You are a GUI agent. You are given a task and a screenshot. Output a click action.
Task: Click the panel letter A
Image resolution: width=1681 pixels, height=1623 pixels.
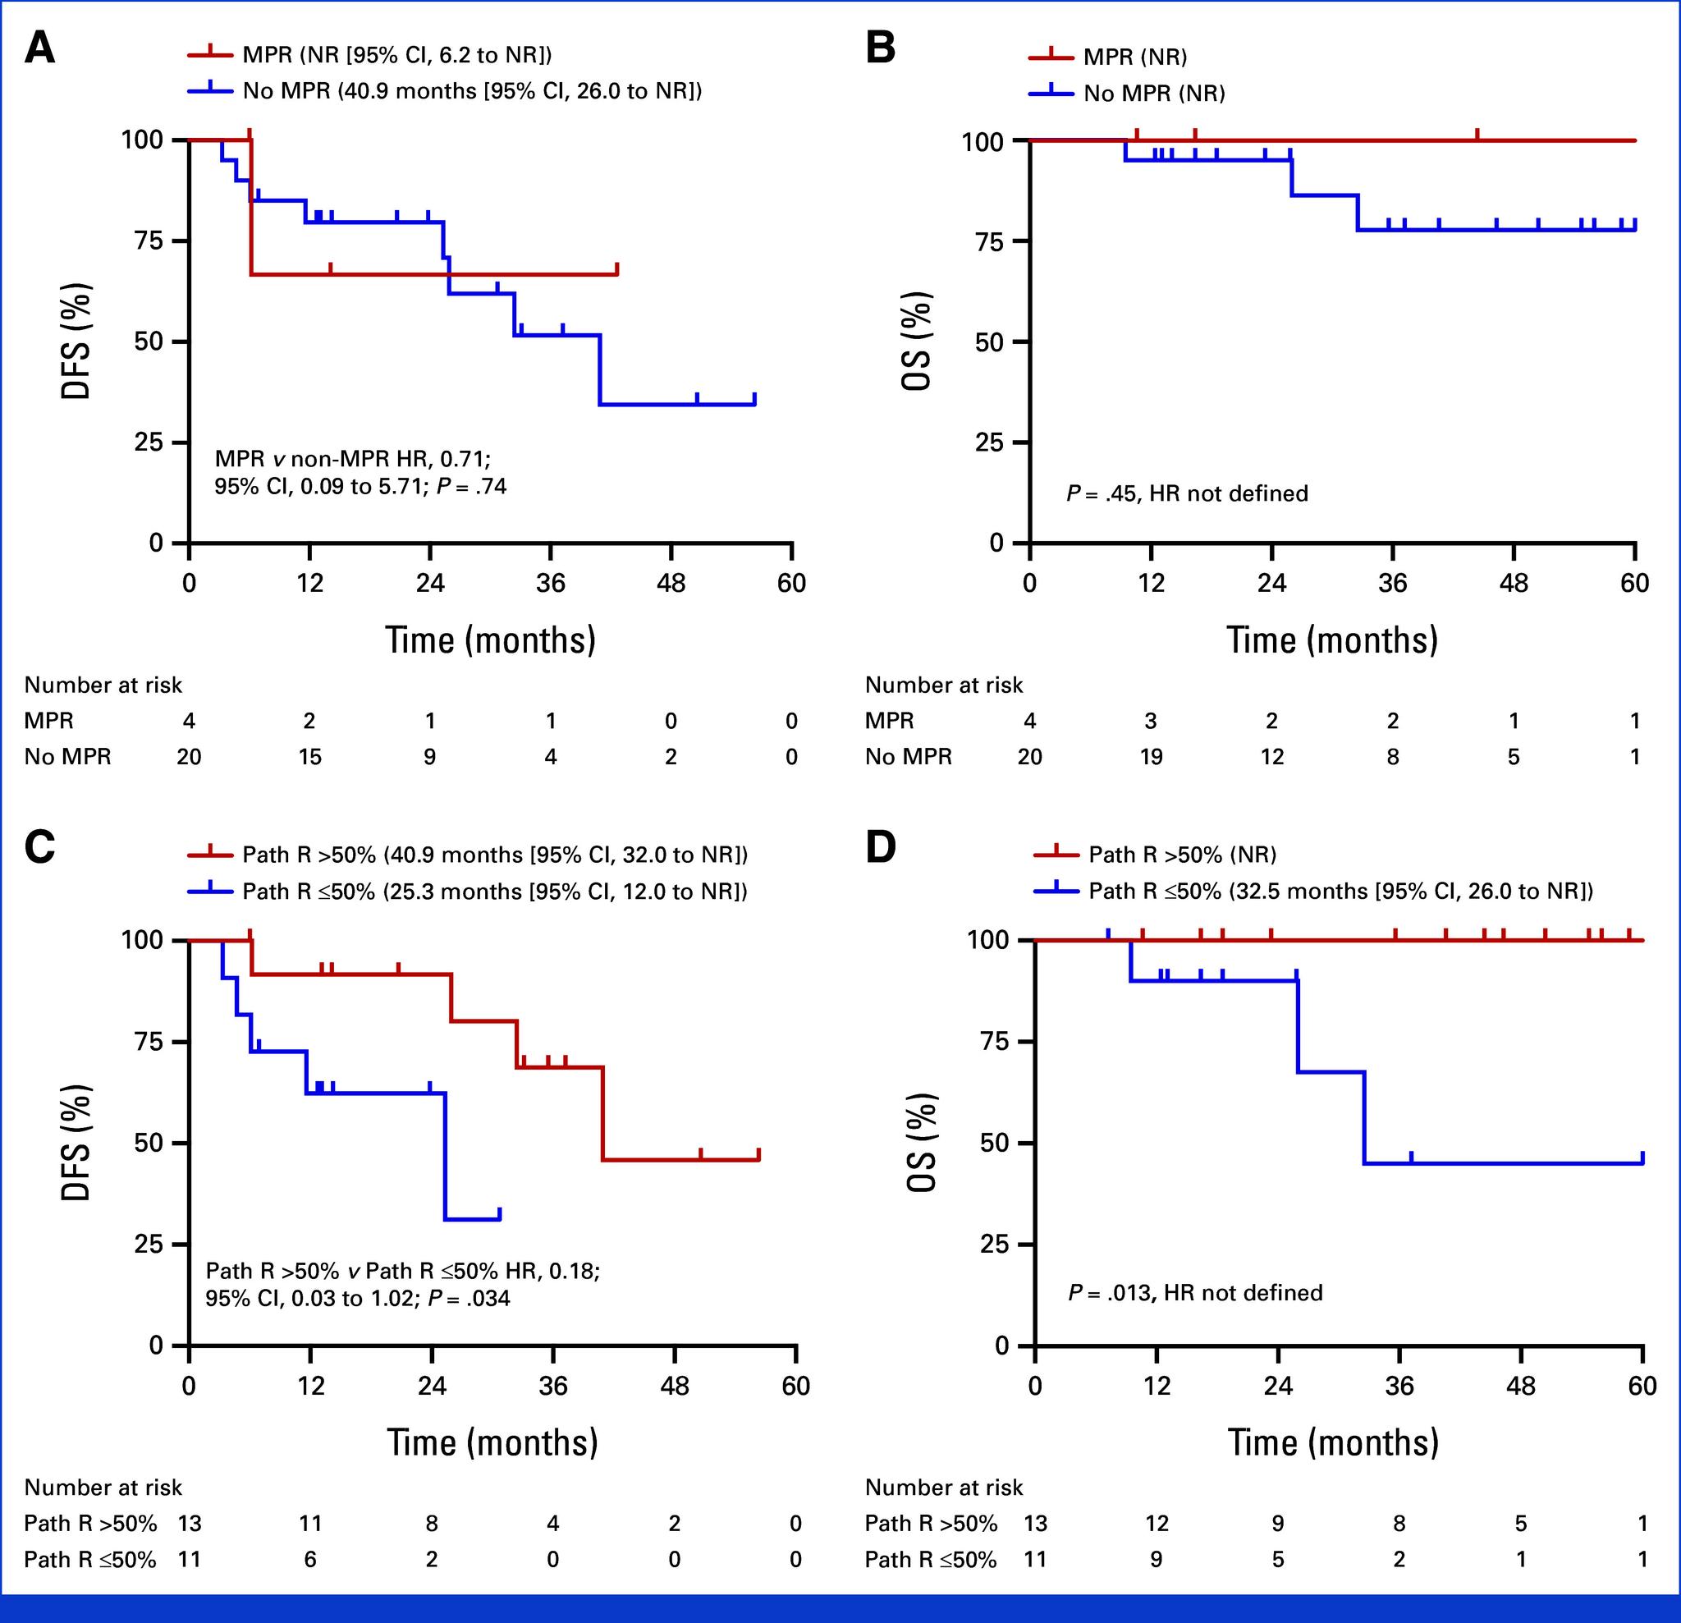(x=39, y=48)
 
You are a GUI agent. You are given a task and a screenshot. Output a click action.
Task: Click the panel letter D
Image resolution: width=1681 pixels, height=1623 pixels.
(x=881, y=847)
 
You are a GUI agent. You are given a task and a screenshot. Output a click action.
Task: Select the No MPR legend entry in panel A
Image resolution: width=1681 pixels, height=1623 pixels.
(x=472, y=91)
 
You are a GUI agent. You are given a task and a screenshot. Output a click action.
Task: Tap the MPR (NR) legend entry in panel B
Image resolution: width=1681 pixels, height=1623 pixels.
(x=1134, y=57)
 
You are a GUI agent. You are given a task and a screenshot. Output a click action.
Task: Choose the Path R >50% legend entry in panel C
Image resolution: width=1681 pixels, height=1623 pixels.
(x=495, y=855)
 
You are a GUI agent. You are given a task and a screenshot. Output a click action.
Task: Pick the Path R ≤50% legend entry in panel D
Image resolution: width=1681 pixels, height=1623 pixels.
(x=1340, y=891)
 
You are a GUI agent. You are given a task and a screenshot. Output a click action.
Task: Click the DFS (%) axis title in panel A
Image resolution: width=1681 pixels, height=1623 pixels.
(x=76, y=342)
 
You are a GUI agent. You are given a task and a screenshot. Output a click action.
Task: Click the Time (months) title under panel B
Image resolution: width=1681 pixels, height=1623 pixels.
(x=1332, y=640)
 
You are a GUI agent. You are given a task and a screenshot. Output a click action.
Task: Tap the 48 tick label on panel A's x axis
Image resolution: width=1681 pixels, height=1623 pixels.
(x=671, y=584)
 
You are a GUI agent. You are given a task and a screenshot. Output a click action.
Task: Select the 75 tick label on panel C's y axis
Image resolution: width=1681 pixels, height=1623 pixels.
(x=148, y=1042)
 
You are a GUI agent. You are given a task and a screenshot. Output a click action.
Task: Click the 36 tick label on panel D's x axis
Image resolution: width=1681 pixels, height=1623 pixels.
(x=1399, y=1387)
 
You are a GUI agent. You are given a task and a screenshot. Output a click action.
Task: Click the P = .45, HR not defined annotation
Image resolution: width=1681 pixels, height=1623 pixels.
(x=1187, y=493)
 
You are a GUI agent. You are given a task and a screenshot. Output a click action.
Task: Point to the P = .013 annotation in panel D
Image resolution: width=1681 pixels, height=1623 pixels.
(x=1195, y=1293)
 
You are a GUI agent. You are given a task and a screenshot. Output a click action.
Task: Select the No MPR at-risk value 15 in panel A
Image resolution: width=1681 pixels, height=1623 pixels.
(x=309, y=757)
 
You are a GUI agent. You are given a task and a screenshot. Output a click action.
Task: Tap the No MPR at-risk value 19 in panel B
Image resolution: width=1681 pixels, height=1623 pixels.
(x=1151, y=757)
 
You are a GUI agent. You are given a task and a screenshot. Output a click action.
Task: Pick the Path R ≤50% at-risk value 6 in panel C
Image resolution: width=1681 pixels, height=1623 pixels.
(x=309, y=1559)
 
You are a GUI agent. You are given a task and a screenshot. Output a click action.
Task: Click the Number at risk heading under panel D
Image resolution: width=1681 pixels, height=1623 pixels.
(x=943, y=1487)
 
